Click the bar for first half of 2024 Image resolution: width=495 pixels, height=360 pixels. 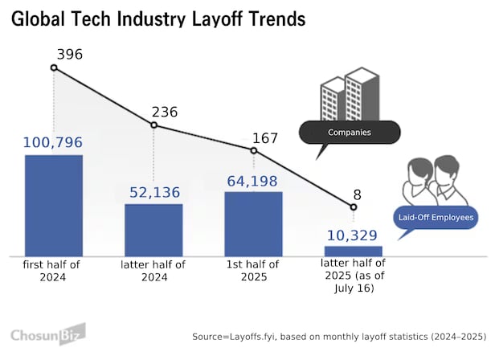[x=54, y=205]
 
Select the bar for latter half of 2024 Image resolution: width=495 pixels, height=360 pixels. [x=153, y=230]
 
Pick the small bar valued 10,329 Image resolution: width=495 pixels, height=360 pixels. [x=353, y=251]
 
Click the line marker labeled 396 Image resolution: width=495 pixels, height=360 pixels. [x=54, y=67]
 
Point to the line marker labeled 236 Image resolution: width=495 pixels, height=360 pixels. [x=153, y=125]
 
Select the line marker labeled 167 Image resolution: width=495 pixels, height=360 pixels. [x=254, y=150]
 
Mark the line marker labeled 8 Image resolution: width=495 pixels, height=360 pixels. [x=353, y=207]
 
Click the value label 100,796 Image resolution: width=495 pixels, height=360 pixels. [x=52, y=143]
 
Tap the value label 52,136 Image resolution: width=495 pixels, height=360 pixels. [x=154, y=193]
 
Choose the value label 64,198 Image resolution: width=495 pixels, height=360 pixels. [x=253, y=181]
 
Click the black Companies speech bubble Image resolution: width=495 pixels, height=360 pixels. [x=349, y=132]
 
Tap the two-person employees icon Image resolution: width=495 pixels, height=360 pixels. [x=435, y=179]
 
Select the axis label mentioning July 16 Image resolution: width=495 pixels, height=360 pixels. [x=353, y=276]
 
